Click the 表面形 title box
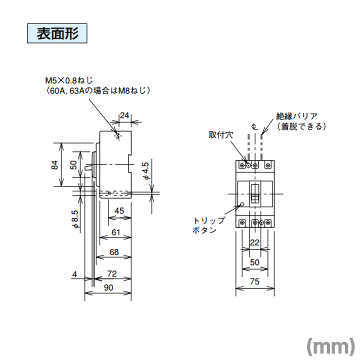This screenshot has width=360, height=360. [x=57, y=33]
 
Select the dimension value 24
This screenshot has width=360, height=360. [x=124, y=115]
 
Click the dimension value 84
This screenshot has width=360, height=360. [x=54, y=165]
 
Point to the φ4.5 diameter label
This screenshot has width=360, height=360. [x=146, y=171]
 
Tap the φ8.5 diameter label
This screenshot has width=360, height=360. [x=75, y=219]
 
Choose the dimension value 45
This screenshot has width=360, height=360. [x=119, y=211]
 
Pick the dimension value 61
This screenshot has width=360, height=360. [x=115, y=232]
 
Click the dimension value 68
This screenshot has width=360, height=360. [x=114, y=252]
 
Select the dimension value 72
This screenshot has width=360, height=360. [x=112, y=273]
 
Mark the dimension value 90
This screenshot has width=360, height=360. [x=108, y=287]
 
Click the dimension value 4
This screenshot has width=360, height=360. [x=74, y=274]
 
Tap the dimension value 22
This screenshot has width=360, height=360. [x=254, y=242]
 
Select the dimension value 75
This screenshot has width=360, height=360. [x=255, y=281]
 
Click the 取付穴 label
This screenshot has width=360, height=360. [x=221, y=135]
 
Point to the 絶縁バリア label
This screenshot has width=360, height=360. [x=296, y=116]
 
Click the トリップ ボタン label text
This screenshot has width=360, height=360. [x=208, y=225]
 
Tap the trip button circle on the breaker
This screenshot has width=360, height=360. [x=242, y=204]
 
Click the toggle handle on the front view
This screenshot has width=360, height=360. [x=255, y=193]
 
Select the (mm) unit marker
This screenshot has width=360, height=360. [x=331, y=346]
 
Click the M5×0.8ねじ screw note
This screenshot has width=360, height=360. [x=69, y=80]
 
